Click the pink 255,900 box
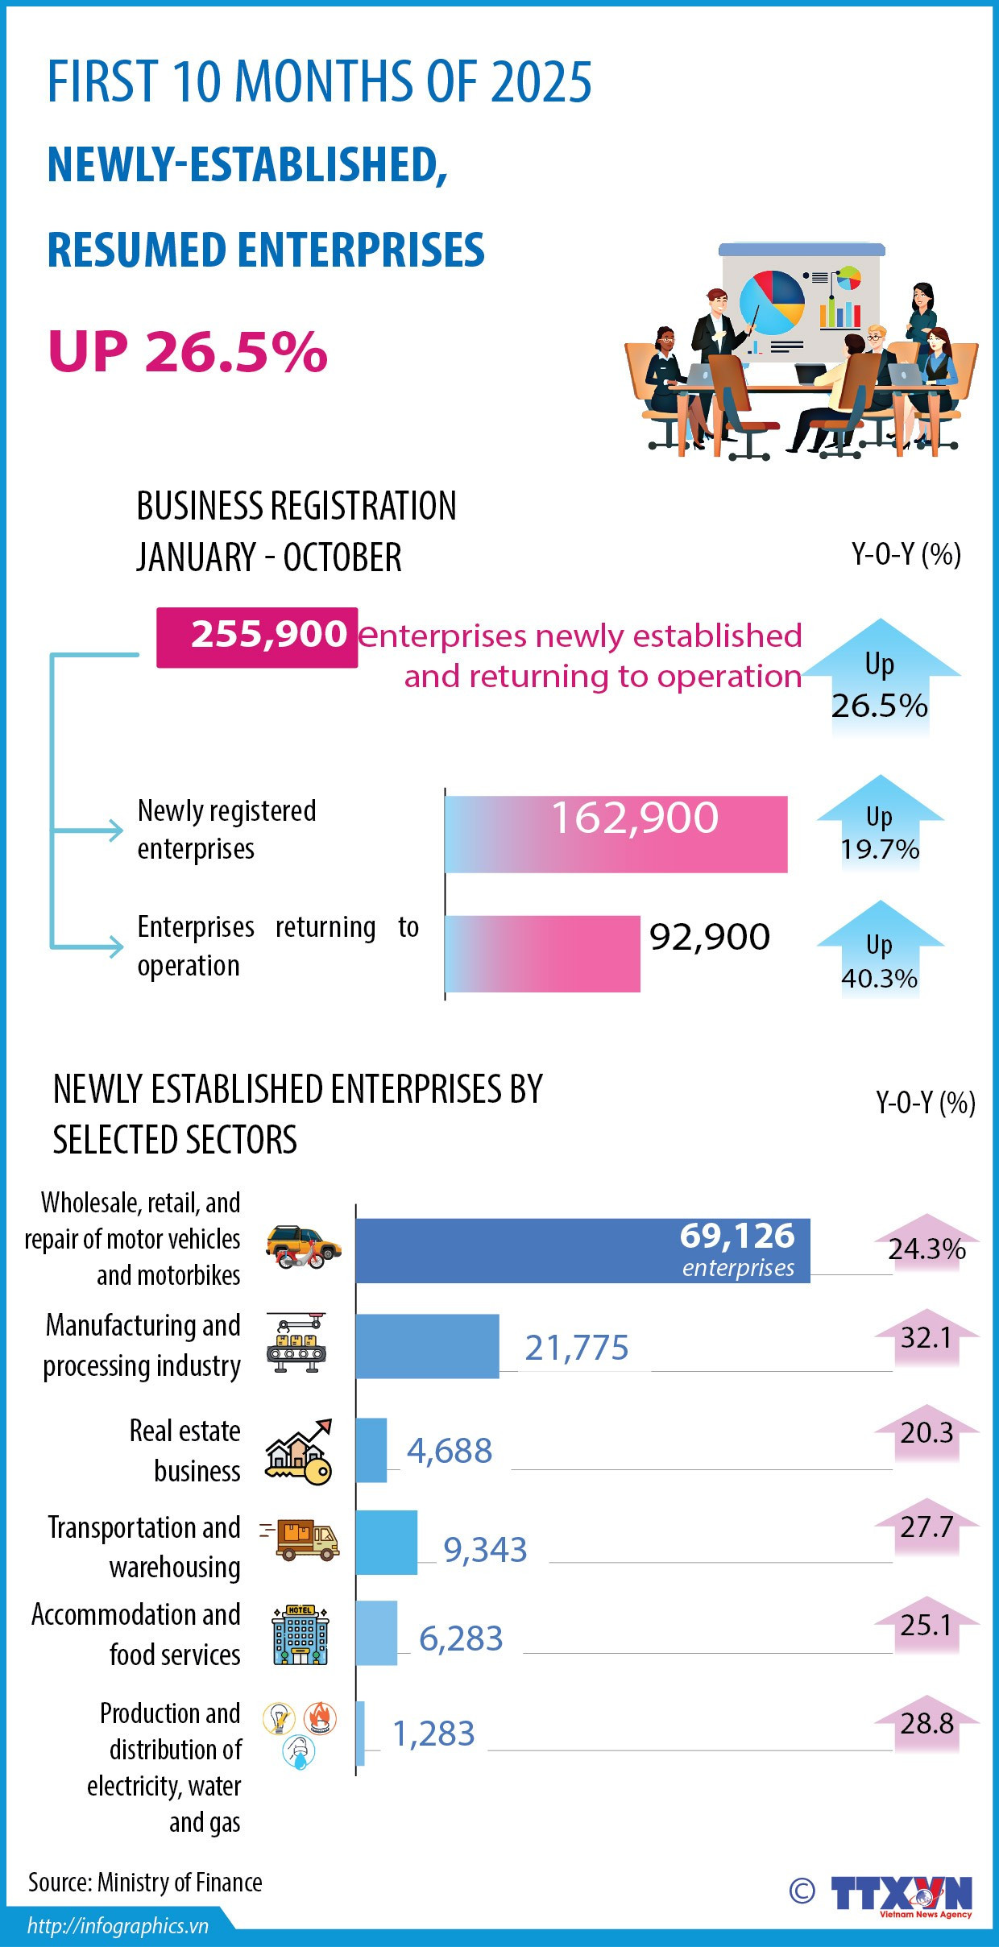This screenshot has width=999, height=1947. click(256, 636)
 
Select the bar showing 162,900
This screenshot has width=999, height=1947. click(616, 833)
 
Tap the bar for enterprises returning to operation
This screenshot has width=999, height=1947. click(542, 953)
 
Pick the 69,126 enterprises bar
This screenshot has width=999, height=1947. click(582, 1250)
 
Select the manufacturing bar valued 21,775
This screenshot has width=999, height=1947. click(427, 1346)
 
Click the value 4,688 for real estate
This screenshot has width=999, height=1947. click(449, 1451)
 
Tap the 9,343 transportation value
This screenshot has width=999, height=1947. click(485, 1550)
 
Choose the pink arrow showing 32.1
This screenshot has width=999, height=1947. click(926, 1337)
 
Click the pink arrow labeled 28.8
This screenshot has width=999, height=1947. click(926, 1723)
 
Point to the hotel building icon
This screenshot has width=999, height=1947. click(300, 1634)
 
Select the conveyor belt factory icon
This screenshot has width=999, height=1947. click(296, 1342)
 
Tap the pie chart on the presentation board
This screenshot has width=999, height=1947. click(772, 303)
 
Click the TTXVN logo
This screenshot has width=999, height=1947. click(900, 1893)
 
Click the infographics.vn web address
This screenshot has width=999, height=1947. click(118, 1926)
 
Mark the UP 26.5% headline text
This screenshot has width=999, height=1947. click(188, 352)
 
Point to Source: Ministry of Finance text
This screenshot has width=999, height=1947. click(145, 1883)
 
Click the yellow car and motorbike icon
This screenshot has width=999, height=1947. click(303, 1246)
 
